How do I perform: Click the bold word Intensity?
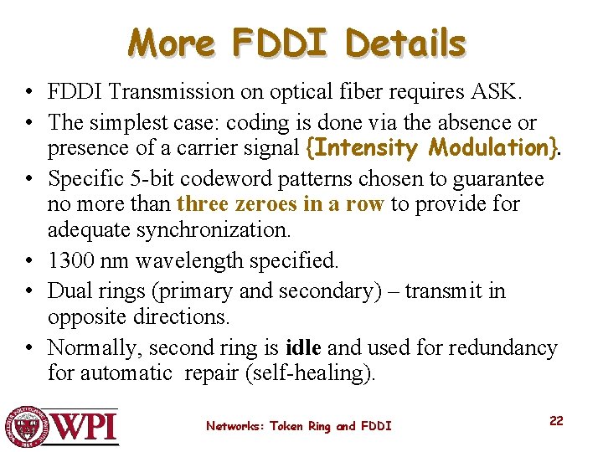[x=366, y=148]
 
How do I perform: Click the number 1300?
[x=71, y=260]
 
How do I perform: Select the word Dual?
[x=70, y=290]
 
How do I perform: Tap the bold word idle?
[x=302, y=347]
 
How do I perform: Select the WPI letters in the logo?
[x=85, y=427]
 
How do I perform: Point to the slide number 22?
[x=556, y=420]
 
